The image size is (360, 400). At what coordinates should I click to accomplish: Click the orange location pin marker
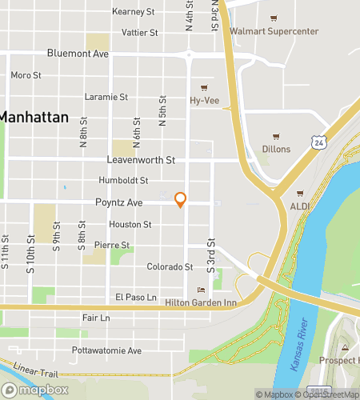coord(181,199)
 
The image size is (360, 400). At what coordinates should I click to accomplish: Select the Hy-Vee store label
coord(205,101)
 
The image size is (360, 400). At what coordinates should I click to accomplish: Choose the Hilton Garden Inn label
coord(201,302)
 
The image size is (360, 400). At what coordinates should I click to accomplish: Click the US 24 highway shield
coord(318,142)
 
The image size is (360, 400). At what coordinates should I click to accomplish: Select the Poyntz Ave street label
coord(118,203)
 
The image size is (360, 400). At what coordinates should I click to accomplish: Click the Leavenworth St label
coord(140,160)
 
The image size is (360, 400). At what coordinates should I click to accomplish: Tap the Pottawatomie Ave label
coord(106,350)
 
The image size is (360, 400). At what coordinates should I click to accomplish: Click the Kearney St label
coord(133,12)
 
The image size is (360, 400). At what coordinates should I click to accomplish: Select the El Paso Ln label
coord(134,297)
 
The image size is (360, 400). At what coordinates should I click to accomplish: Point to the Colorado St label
coord(170,266)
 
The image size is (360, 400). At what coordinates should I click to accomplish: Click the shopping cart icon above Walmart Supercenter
coord(274,18)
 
